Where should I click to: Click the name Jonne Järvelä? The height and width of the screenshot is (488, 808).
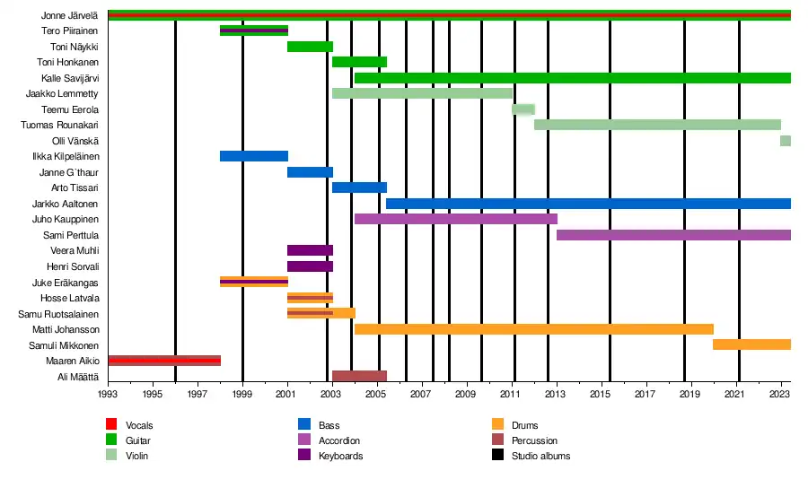[70, 16]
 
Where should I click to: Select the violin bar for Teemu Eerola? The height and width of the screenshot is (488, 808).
[523, 109]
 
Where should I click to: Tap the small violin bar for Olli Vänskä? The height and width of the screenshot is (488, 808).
[786, 141]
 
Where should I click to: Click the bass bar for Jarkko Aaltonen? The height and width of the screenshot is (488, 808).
[588, 204]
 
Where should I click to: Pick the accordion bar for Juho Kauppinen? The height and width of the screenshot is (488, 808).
[456, 219]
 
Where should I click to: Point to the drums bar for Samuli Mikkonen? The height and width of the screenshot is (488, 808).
[751, 344]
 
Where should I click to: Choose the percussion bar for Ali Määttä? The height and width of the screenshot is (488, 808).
[359, 376]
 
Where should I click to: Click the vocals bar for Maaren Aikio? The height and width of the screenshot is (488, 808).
[164, 361]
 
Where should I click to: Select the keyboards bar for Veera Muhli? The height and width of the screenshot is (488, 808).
[310, 250]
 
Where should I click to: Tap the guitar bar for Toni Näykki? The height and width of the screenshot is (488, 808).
[310, 47]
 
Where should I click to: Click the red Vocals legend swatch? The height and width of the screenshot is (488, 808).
[111, 425]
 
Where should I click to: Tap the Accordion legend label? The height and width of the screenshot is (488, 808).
[338, 440]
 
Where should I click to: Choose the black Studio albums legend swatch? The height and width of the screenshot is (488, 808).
[497, 456]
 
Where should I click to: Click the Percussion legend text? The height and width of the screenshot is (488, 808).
[534, 440]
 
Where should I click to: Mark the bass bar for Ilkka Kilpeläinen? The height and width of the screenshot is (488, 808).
[254, 156]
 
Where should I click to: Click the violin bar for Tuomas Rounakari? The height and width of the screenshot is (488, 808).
[657, 125]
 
